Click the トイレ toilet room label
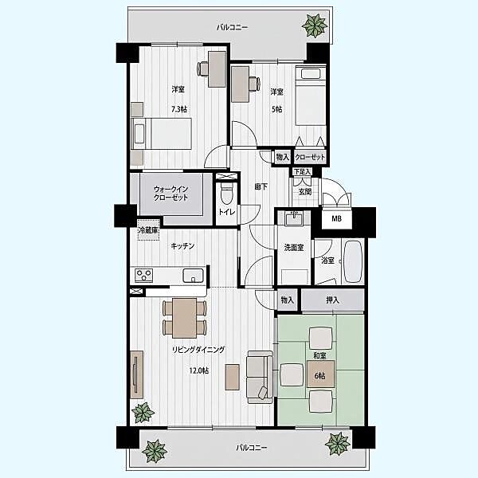click(x=226, y=212)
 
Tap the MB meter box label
click(x=336, y=218)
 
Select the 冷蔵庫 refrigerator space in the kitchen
click(x=148, y=230)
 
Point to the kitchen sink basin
click(x=193, y=276)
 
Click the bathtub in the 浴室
click(x=353, y=261)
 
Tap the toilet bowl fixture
click(x=226, y=194)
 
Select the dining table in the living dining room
click(x=185, y=318)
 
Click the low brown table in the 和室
click(x=320, y=374)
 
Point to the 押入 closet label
click(x=332, y=300)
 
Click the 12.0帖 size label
click(x=199, y=370)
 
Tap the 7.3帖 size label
click(x=179, y=109)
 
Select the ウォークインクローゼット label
click(x=170, y=194)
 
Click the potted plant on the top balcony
click(x=315, y=25)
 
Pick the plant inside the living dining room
click(x=143, y=412)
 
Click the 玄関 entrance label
click(x=305, y=191)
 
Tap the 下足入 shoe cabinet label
click(x=302, y=171)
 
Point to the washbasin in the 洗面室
click(x=293, y=219)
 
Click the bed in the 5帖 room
click(x=311, y=96)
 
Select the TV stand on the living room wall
click(x=137, y=374)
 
